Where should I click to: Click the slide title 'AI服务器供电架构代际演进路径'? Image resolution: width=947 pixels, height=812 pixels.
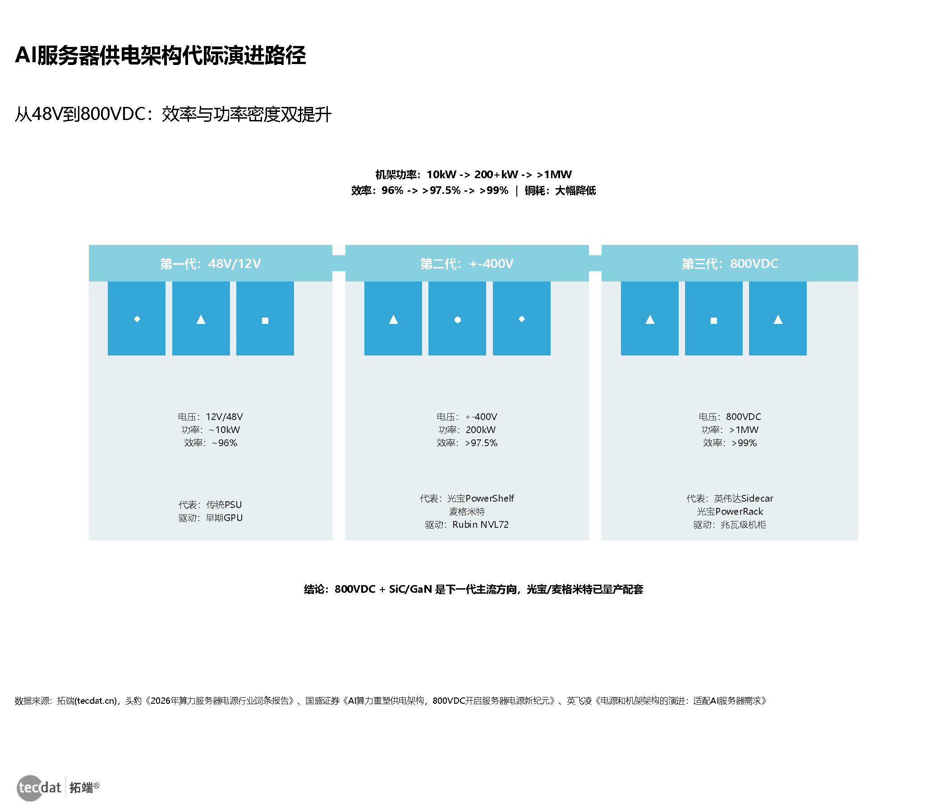click(x=160, y=55)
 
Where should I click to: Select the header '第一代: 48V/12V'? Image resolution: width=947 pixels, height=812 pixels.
click(x=210, y=263)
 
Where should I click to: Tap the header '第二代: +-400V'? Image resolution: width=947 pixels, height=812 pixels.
click(x=467, y=263)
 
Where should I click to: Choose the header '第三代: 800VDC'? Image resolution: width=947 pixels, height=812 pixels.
click(x=730, y=263)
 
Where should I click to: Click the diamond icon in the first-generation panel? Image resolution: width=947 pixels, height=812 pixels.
click(x=137, y=318)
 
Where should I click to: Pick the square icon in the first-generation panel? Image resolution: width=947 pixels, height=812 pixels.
click(x=265, y=320)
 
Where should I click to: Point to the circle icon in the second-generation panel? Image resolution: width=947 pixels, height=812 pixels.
click(x=458, y=320)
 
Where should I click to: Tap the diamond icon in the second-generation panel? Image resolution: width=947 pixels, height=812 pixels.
click(x=521, y=318)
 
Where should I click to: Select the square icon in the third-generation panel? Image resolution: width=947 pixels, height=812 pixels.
click(x=713, y=320)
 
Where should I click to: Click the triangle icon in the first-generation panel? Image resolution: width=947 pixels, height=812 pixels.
click(x=201, y=319)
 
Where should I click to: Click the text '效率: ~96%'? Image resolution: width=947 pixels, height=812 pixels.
click(x=210, y=443)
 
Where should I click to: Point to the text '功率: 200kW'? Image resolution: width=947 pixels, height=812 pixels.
click(x=467, y=430)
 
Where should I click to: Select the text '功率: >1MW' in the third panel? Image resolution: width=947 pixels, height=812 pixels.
click(x=730, y=430)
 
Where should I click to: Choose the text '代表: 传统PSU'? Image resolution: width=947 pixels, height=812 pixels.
click(x=210, y=504)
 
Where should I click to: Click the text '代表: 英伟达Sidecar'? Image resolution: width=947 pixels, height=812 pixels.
click(x=730, y=498)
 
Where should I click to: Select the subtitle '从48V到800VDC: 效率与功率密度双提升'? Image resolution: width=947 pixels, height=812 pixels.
click(x=173, y=114)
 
